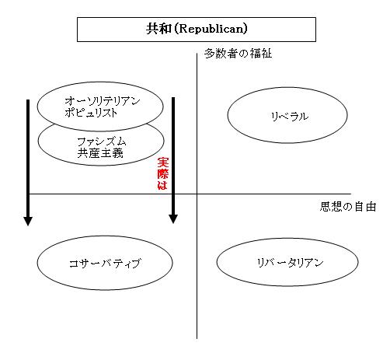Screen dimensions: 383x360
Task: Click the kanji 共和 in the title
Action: (158, 29)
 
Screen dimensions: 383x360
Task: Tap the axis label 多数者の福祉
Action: (238, 54)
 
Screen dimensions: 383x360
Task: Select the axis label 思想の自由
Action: (348, 207)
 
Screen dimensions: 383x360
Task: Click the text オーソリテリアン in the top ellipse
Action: (103, 101)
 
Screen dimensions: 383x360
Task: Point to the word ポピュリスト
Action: (91, 113)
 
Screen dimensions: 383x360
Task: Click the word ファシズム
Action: (102, 142)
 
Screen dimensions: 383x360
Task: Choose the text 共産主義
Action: (100, 153)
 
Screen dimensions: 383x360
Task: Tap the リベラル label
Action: (290, 117)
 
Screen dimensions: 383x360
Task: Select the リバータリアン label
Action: (290, 263)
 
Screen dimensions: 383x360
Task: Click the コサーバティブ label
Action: (105, 264)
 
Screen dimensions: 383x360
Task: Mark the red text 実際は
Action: (163, 173)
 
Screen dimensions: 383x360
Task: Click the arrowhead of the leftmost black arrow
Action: (28, 222)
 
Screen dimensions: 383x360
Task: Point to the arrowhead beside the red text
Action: (173, 219)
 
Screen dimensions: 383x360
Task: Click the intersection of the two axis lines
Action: (197, 194)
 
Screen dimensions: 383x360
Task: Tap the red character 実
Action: (163, 163)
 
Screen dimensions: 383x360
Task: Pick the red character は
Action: (162, 185)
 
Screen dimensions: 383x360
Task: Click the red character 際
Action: (163, 173)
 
